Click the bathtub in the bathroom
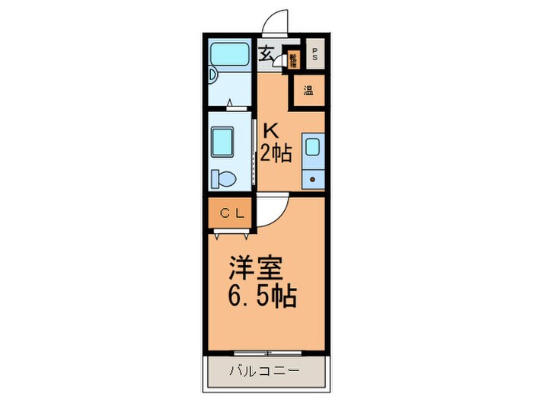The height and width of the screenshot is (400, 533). click(231, 54)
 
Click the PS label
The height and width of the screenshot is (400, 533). click(314, 54)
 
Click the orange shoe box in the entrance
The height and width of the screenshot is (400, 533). click(293, 59)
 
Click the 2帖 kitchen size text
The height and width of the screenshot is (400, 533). click(276, 154)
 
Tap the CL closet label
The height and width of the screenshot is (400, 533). click(232, 213)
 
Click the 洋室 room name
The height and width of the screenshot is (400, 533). click(257, 268)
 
